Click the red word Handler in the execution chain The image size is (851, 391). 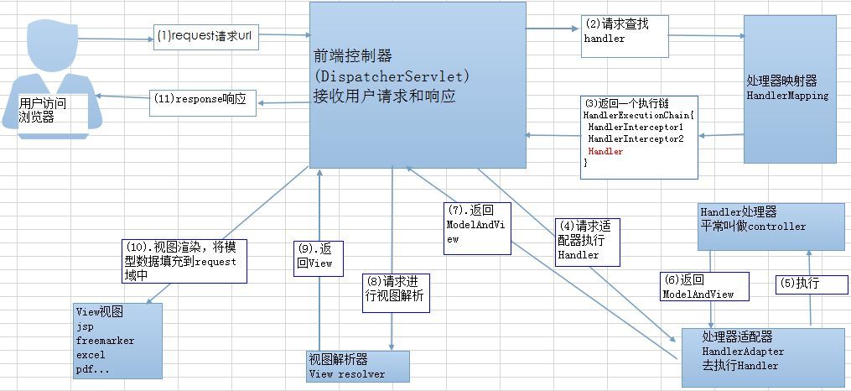coord(605,152)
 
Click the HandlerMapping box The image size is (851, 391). coord(790,89)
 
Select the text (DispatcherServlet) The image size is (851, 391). coord(392,76)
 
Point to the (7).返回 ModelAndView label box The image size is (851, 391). coord(477,226)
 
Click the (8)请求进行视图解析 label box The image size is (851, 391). coord(395,292)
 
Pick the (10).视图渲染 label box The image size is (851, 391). coord(184,260)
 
